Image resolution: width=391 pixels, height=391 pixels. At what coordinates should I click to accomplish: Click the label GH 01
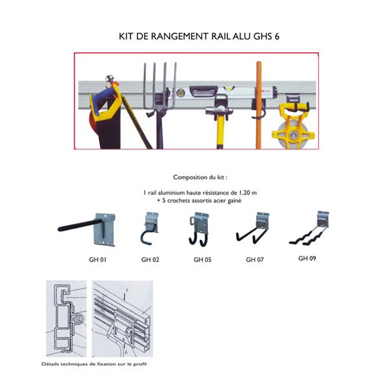click(97, 259)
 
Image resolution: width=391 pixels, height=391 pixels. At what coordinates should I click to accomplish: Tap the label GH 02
click(150, 259)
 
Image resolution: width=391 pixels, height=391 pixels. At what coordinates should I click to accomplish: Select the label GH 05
click(202, 259)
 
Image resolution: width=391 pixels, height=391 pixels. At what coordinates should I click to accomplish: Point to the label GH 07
click(255, 259)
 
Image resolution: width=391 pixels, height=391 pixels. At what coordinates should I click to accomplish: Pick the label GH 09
click(307, 257)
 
